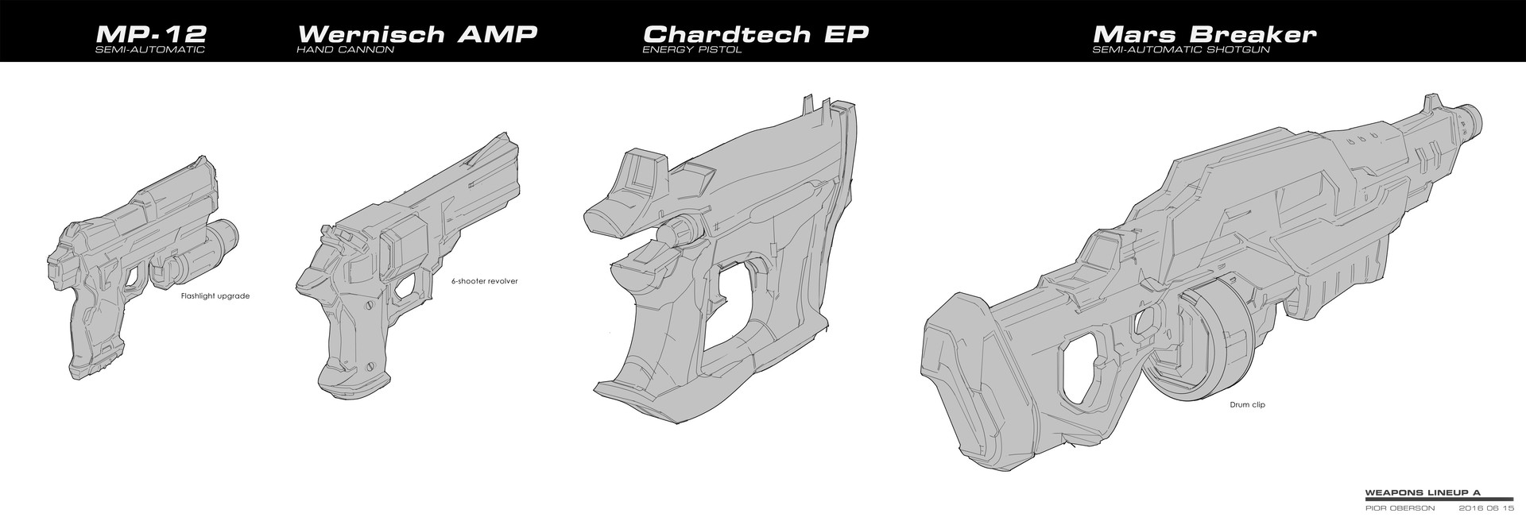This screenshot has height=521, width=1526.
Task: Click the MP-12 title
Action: (x=150, y=34)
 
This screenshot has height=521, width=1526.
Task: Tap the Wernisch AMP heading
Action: (x=416, y=34)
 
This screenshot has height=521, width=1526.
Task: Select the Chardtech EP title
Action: (x=756, y=34)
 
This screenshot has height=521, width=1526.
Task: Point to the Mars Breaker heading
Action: (x=1205, y=34)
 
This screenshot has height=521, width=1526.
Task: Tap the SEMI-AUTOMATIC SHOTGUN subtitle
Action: (x=1181, y=50)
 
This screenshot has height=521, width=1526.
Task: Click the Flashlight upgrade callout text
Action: (x=215, y=296)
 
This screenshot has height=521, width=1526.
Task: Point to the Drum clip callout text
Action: (x=1246, y=405)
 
